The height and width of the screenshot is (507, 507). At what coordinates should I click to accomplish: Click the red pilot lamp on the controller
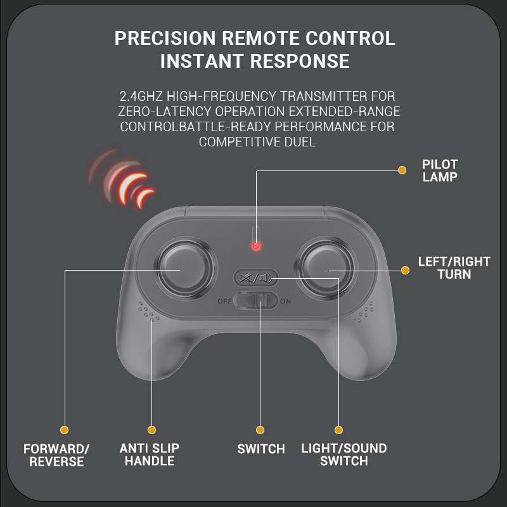tap(256, 246)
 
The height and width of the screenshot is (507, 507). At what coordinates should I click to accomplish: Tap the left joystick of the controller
tap(185, 268)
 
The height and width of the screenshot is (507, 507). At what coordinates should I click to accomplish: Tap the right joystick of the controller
tap(326, 268)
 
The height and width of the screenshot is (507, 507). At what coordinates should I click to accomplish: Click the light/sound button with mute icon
tap(256, 278)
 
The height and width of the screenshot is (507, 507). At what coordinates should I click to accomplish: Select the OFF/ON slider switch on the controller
tap(256, 300)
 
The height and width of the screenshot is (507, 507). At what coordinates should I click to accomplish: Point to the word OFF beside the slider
tap(224, 302)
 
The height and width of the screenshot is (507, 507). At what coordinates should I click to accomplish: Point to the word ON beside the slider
tap(286, 302)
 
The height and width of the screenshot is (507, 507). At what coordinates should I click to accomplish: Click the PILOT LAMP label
tap(440, 170)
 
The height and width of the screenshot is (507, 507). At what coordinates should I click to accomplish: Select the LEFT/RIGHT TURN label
tap(454, 267)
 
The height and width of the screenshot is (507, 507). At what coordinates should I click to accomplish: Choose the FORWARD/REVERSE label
tap(56, 455)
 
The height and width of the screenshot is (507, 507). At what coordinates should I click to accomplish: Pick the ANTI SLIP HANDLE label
tap(150, 454)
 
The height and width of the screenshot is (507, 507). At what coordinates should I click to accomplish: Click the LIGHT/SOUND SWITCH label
tap(344, 454)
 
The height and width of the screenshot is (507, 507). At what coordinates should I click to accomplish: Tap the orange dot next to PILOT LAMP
tap(402, 170)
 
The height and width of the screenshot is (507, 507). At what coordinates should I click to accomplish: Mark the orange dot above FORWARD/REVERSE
tap(65, 430)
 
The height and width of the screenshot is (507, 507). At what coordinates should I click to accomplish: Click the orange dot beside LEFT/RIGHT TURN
tap(405, 270)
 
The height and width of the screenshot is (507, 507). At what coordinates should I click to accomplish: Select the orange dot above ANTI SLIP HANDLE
tap(151, 430)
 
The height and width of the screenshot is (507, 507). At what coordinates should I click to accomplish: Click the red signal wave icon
tap(122, 179)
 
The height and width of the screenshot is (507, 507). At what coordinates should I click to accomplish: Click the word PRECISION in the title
tap(165, 38)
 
